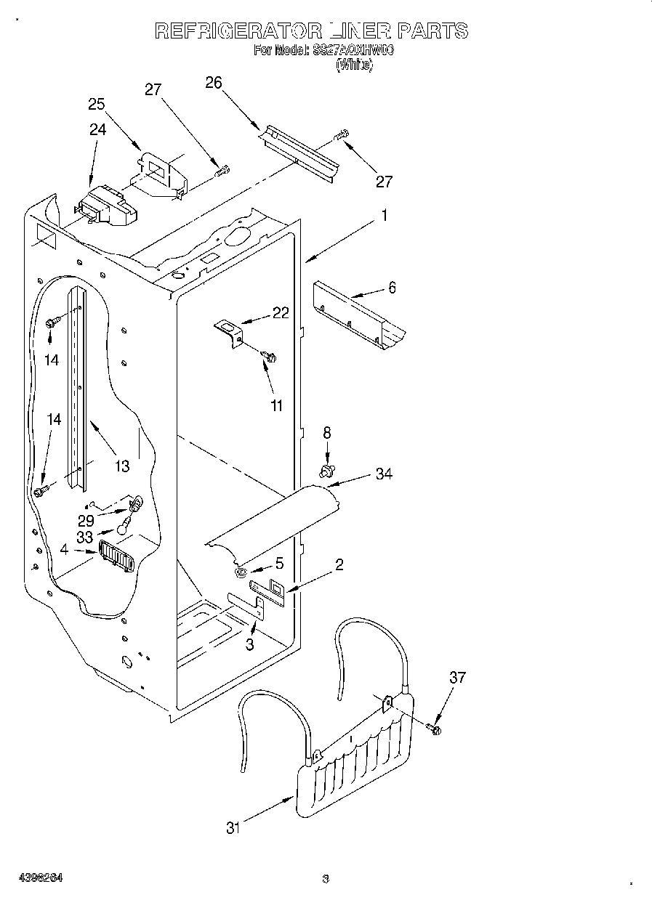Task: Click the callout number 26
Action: [213, 83]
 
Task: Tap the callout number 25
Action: [97, 104]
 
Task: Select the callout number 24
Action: [97, 130]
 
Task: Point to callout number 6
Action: [392, 288]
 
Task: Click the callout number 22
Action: [281, 313]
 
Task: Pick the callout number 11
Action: [276, 405]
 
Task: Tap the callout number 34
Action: [384, 474]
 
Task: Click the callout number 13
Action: [121, 466]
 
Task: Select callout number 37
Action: [457, 678]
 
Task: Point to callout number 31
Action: [233, 827]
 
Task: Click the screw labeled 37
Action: [435, 728]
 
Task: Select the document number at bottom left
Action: [42, 878]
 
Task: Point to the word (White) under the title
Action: [354, 65]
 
